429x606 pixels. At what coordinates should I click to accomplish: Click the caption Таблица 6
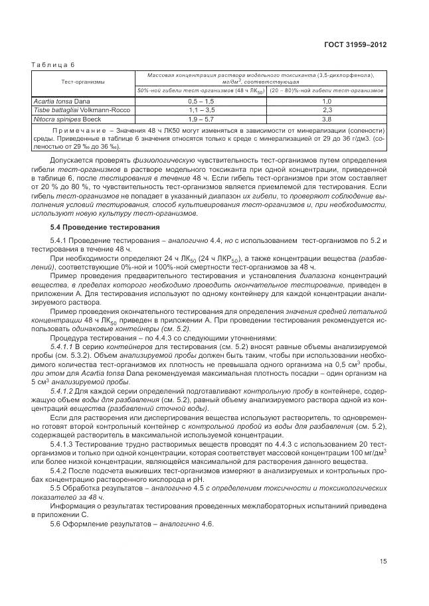pos(54,64)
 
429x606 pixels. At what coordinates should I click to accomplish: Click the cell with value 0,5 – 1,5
pos(201,100)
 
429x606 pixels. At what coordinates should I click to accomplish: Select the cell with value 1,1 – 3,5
pos(201,110)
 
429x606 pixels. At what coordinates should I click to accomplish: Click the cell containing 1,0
pos(327,100)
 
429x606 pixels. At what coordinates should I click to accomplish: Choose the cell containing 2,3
pos(327,110)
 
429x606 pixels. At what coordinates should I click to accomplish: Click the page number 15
pos(383,562)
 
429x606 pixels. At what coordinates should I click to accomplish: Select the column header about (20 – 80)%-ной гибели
pos(327,90)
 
